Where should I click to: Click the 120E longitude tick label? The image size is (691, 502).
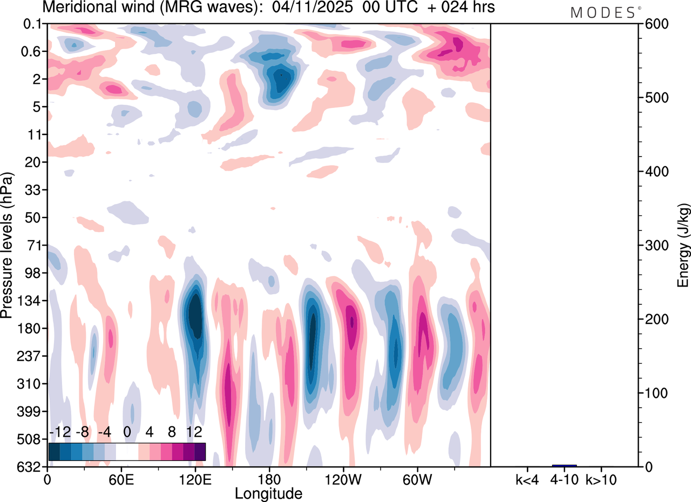point(195,479)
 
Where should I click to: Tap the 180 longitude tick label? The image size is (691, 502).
point(268,479)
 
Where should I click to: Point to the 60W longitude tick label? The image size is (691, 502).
point(417,479)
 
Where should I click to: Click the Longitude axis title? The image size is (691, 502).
point(268,493)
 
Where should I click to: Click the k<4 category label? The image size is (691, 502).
point(527,479)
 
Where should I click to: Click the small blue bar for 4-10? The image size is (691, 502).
point(564,465)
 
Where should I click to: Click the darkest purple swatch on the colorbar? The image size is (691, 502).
point(200,452)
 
